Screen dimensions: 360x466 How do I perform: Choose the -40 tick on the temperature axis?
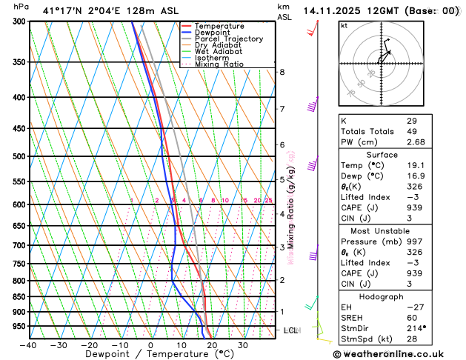tap(28, 345)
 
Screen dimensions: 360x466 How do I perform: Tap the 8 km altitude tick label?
tap(282, 72)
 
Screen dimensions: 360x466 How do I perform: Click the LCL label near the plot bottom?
tap(290, 330)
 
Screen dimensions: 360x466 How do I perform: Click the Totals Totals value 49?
tap(411, 131)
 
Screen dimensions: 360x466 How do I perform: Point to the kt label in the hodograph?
tap(344, 26)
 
